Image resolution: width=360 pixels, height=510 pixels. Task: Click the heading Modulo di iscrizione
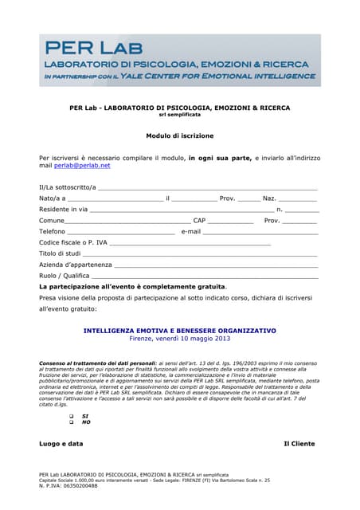coord(180,135)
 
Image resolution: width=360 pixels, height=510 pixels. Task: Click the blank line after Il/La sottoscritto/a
coord(207,189)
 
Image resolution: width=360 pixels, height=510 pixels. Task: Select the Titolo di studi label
coord(60,253)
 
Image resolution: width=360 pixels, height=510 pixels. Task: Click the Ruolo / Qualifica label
coord(65,275)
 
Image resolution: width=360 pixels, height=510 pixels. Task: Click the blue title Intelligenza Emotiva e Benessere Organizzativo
coord(180,330)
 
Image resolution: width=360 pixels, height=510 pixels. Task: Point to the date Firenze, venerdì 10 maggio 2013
coord(180,339)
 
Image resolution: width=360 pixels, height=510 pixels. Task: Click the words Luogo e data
coord(61,443)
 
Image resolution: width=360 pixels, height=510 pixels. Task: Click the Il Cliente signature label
coord(299,443)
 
